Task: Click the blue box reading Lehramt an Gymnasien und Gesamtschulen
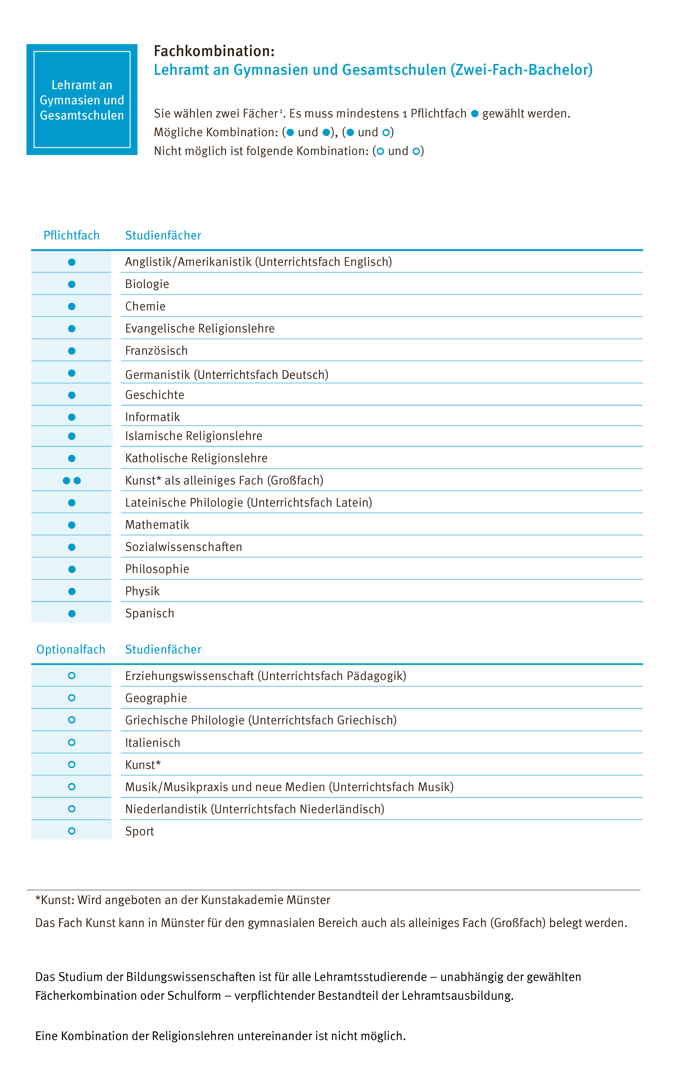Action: pyautogui.click(x=82, y=100)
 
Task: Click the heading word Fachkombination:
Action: pyautogui.click(x=214, y=51)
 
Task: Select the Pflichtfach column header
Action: pyautogui.click(x=71, y=235)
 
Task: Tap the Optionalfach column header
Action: pyautogui.click(x=71, y=650)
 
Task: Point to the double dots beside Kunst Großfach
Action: pyautogui.click(x=72, y=480)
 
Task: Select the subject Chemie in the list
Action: pyautogui.click(x=145, y=306)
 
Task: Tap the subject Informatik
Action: pyautogui.click(x=152, y=417)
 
